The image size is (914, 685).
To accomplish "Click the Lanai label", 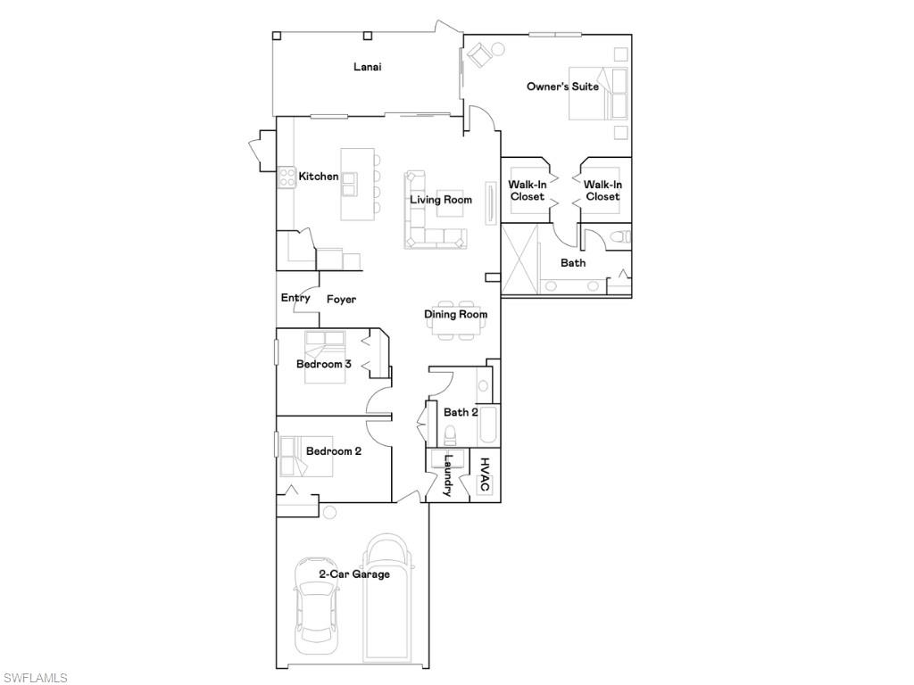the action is pos(367,67).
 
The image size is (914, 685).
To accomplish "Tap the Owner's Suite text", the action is pos(562,87).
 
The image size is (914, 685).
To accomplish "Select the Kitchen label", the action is pos(319,176).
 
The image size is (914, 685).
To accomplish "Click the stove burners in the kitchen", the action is pos(287,177).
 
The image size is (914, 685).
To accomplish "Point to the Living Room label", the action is pos(441,200).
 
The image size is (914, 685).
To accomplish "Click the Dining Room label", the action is pos(455,315).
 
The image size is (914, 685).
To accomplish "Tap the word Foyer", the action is pos(341,300).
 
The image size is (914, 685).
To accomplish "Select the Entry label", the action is pos(295,298).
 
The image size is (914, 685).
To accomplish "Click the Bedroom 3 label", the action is pos(323,364).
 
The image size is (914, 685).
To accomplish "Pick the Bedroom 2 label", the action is pos(334,450).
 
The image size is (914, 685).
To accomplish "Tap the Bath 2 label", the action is pos(461,412).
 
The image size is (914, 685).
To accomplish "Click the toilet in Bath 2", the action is pos(450,434).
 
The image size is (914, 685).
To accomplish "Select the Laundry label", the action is pos(448,475).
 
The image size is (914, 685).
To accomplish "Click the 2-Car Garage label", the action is pos(353,574).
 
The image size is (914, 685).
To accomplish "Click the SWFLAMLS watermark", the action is pos(34,678).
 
